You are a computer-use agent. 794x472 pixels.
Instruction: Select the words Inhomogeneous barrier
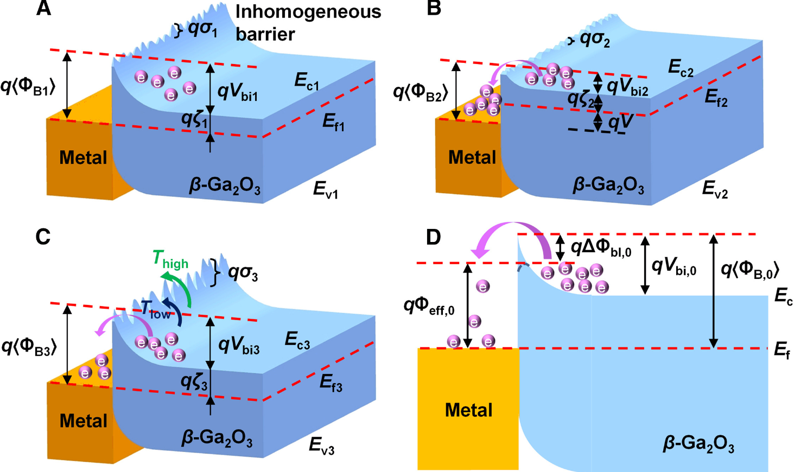tap(308, 23)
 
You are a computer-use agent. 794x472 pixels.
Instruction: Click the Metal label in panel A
tap(83, 158)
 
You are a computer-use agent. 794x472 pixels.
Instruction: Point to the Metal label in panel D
tap(468, 410)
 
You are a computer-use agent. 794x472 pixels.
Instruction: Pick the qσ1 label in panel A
tap(202, 29)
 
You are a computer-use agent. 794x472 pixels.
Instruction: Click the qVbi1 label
tap(238, 92)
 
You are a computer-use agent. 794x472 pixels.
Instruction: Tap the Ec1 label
tap(307, 82)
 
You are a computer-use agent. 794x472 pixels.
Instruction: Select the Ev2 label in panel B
tap(715, 189)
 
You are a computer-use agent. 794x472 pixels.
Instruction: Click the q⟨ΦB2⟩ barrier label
tap(421, 93)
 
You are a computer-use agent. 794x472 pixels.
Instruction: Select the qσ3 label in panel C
tap(242, 273)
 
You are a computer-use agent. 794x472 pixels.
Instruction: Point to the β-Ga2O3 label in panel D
tap(698, 444)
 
